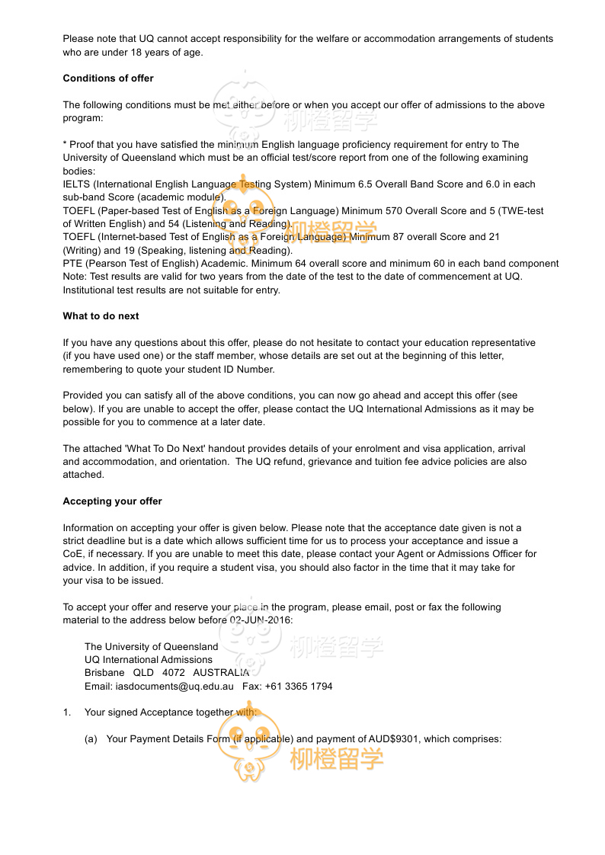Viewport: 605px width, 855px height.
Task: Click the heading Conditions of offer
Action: click(x=108, y=78)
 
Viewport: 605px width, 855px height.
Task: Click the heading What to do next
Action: click(x=101, y=316)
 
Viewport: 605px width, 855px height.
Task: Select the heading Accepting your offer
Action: click(x=112, y=501)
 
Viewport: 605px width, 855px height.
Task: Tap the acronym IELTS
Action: click(x=76, y=184)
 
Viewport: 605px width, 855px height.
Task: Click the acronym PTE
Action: click(x=72, y=264)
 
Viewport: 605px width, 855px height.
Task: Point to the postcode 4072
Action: click(x=174, y=673)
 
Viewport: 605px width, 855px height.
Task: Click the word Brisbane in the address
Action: click(x=104, y=673)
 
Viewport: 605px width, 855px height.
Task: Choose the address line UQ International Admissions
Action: click(x=149, y=660)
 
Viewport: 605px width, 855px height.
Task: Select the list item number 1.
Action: click(x=66, y=712)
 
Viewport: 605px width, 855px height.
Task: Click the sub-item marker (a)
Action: click(x=91, y=738)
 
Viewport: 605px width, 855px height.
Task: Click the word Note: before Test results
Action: click(x=75, y=277)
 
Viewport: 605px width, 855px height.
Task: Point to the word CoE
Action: click(x=72, y=554)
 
